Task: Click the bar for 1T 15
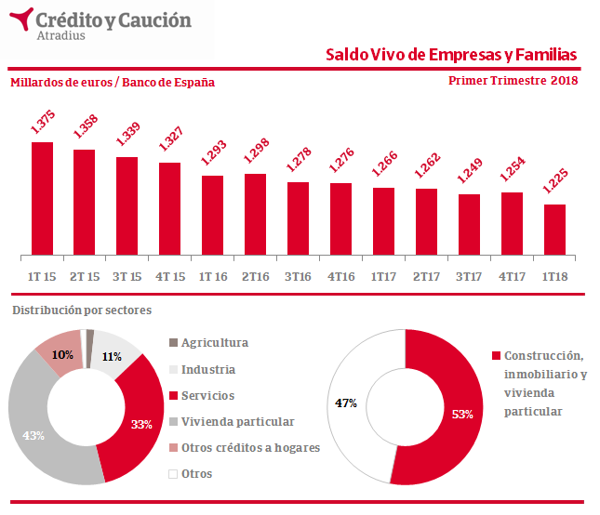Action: [42, 198]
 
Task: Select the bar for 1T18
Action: [554, 229]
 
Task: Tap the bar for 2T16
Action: [256, 214]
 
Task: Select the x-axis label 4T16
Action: [340, 276]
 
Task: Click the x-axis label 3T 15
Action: [127, 276]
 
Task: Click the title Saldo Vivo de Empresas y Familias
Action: [451, 55]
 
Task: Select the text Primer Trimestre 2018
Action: [513, 81]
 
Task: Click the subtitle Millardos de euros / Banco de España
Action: [113, 82]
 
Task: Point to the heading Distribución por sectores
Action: [81, 310]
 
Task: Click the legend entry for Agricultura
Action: [214, 343]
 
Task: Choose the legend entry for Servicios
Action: [207, 395]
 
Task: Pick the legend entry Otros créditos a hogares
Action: [250, 447]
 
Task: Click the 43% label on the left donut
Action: [33, 436]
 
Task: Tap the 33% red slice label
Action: [141, 425]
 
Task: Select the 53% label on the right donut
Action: [462, 413]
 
